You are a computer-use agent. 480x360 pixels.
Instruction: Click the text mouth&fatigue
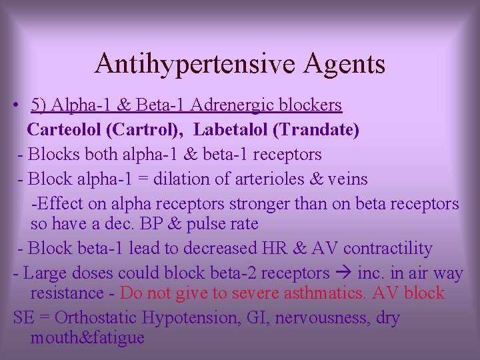coord(87,337)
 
